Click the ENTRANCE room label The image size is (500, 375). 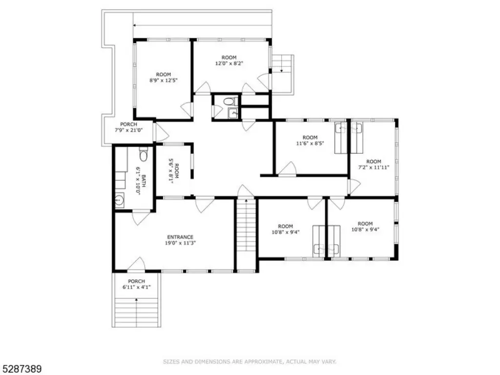[180, 237]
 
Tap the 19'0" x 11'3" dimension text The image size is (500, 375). [180, 243]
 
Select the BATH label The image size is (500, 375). [144, 181]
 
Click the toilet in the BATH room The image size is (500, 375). [144, 155]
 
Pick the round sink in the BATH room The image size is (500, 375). [120, 201]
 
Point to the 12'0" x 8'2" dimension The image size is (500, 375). [229, 63]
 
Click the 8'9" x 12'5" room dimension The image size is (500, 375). [163, 80]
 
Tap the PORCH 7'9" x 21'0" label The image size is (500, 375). [128, 127]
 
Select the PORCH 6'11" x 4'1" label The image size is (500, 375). [137, 284]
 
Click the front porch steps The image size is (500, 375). [137, 312]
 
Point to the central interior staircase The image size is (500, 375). [246, 225]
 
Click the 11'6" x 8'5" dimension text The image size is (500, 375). [310, 143]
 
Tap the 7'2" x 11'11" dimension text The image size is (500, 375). [374, 167]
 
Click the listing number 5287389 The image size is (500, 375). [21, 369]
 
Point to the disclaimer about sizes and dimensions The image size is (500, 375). [250, 362]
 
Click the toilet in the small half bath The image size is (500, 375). [229, 102]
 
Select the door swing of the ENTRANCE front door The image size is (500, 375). [137, 264]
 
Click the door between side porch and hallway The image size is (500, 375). [160, 132]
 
